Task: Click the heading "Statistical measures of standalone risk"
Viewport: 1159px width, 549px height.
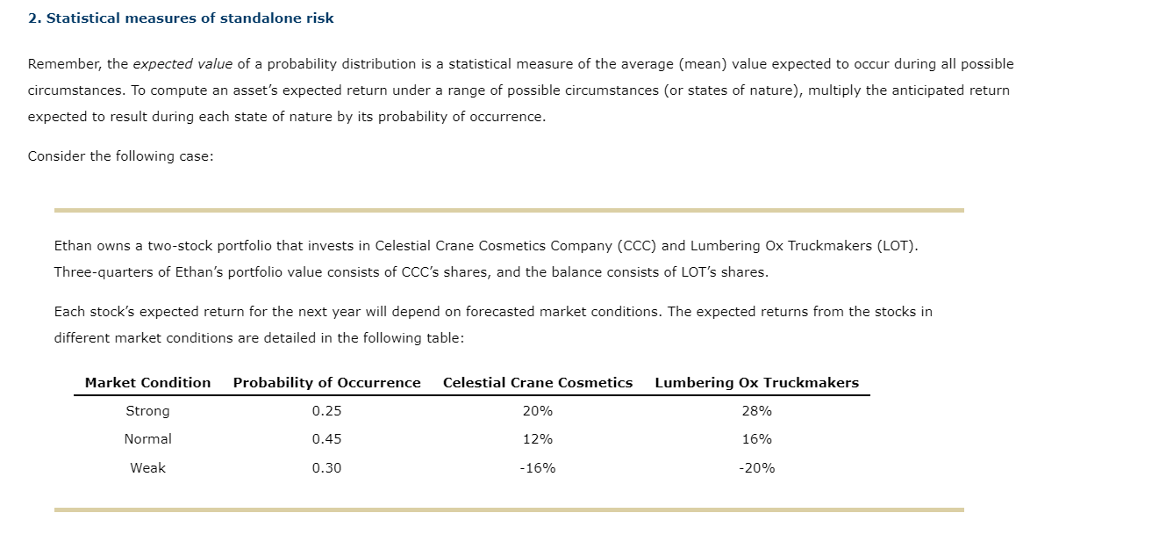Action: pyautogui.click(x=190, y=18)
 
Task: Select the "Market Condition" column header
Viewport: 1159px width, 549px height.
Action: pyautogui.click(x=147, y=383)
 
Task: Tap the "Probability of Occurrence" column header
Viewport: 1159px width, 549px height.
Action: pyautogui.click(x=326, y=383)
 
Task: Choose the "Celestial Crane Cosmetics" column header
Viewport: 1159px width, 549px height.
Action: pyautogui.click(x=537, y=383)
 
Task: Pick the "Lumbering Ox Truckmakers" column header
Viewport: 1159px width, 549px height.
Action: pyautogui.click(x=756, y=383)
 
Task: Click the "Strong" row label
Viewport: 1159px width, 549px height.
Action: pyautogui.click(x=147, y=411)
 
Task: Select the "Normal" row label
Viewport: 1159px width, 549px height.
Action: pyautogui.click(x=147, y=439)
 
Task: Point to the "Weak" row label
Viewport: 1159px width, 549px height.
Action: pyautogui.click(x=147, y=468)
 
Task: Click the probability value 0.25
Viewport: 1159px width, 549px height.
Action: pyautogui.click(x=326, y=411)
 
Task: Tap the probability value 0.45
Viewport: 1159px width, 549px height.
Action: pyautogui.click(x=326, y=439)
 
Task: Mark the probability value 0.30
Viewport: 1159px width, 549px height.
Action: pyautogui.click(x=326, y=468)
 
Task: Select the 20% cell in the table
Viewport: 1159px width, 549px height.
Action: pyautogui.click(x=537, y=411)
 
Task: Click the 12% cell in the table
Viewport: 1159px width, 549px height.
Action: pyautogui.click(x=537, y=439)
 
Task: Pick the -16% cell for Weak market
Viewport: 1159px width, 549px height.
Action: pyautogui.click(x=537, y=468)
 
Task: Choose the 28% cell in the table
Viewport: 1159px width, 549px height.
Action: pyautogui.click(x=756, y=411)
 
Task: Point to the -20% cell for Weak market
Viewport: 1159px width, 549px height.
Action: pyautogui.click(x=756, y=468)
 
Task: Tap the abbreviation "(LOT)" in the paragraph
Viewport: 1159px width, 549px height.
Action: pyautogui.click(x=897, y=246)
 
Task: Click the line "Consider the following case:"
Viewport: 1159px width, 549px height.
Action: pyautogui.click(x=120, y=156)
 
